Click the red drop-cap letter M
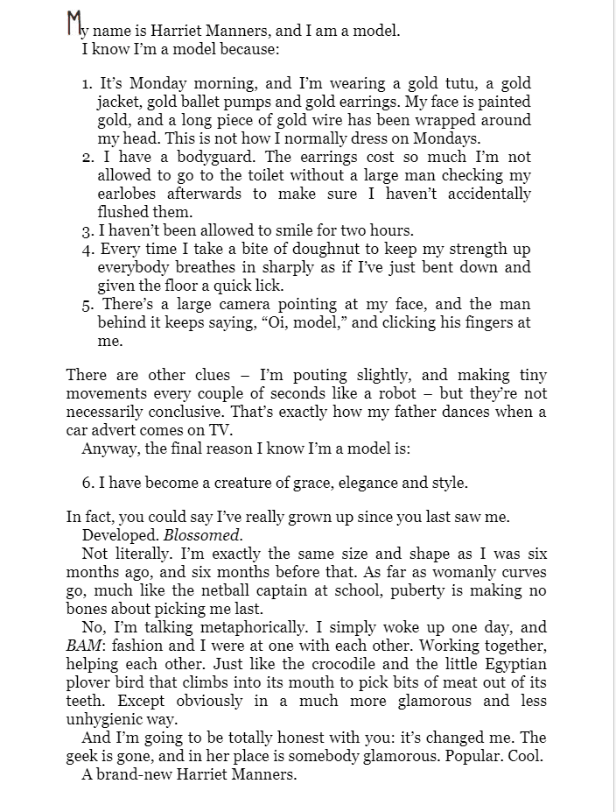76,24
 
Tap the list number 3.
87,231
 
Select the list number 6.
87,483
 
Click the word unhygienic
105,719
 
